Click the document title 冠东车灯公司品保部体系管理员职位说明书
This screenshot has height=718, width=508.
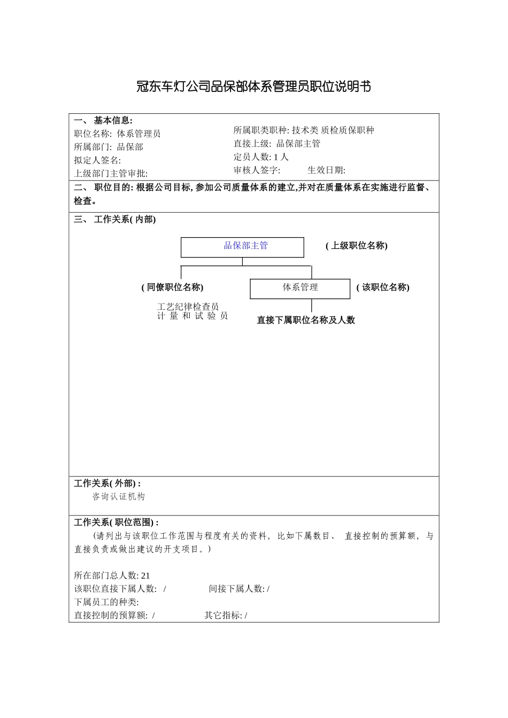[x=253, y=87]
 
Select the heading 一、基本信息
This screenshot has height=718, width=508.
[x=103, y=121]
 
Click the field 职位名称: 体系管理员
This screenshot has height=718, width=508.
[x=117, y=134]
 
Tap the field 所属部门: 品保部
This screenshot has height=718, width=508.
[x=109, y=147]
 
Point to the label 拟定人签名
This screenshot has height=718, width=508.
[x=97, y=160]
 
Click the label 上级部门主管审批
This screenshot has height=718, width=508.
[x=111, y=173]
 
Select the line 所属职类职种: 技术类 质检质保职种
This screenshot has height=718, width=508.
[x=304, y=130]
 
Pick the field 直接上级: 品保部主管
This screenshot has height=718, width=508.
[x=277, y=144]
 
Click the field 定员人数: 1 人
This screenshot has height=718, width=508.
[x=261, y=157]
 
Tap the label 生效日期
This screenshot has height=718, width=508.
[x=326, y=170]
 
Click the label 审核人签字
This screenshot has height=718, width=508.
[x=257, y=170]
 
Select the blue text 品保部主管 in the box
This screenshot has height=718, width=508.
[x=245, y=246]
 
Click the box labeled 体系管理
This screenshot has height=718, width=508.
[x=300, y=288]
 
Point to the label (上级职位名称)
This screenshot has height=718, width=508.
[x=356, y=246]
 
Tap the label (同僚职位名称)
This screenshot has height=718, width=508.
[x=172, y=287]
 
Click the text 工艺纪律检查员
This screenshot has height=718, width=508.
[x=188, y=307]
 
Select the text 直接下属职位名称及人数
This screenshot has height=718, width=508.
[x=306, y=320]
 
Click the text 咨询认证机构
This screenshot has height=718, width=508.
[x=119, y=496]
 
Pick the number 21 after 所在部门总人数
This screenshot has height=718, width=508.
[x=145, y=575]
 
